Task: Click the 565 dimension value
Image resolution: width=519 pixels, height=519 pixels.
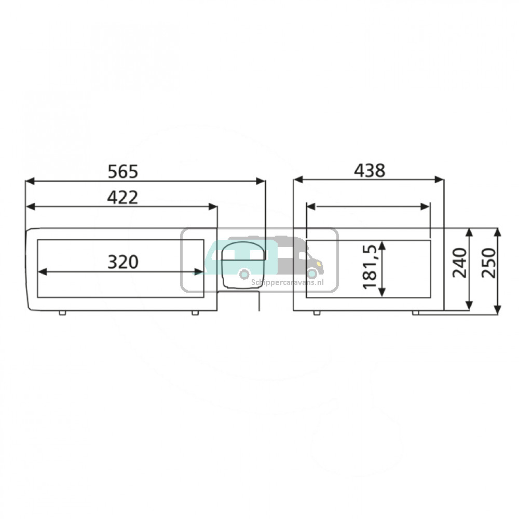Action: point(123,172)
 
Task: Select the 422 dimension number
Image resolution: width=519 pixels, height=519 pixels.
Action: point(122,198)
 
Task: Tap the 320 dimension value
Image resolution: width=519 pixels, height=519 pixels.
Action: point(123,262)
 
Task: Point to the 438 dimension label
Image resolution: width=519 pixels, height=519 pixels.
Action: point(370,171)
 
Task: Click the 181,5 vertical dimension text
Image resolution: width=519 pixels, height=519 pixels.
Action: point(370,267)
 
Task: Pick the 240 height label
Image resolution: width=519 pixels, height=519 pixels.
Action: point(459,263)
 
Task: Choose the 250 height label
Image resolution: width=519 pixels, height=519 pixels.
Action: point(489,263)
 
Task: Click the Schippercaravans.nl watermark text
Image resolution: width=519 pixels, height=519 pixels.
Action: point(288,282)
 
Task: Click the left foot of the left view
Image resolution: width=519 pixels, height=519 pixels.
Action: point(62,313)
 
